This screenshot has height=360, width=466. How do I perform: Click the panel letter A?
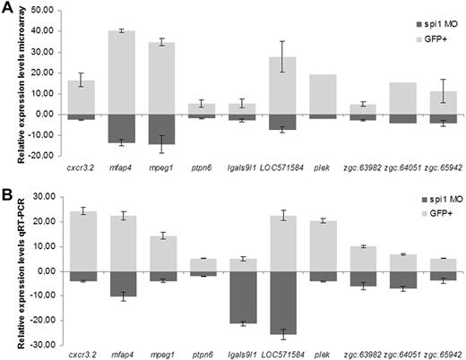click(x=7, y=7)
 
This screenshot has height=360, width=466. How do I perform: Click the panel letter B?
click(x=7, y=193)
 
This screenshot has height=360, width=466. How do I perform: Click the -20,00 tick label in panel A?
click(x=54, y=156)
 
